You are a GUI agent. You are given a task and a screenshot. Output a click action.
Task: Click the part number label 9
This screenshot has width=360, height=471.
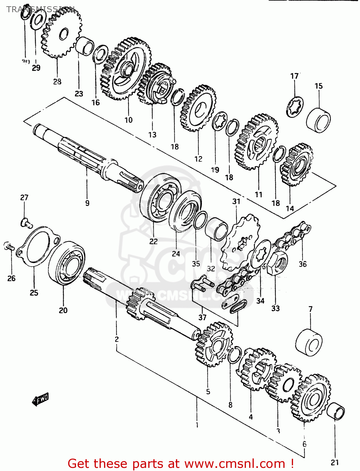point(87,203)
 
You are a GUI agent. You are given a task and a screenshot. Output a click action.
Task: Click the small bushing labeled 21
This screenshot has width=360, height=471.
point(336,411)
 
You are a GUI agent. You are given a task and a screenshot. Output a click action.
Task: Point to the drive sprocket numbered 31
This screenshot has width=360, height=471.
point(240,243)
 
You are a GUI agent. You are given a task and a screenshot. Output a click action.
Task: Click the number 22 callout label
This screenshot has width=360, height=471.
point(153,241)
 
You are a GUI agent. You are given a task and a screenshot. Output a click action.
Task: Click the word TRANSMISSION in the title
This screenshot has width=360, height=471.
point(41,9)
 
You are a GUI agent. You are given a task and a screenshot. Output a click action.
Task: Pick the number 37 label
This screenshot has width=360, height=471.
point(202,317)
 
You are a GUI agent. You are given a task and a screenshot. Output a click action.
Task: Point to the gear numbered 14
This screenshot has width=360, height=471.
point(297,165)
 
